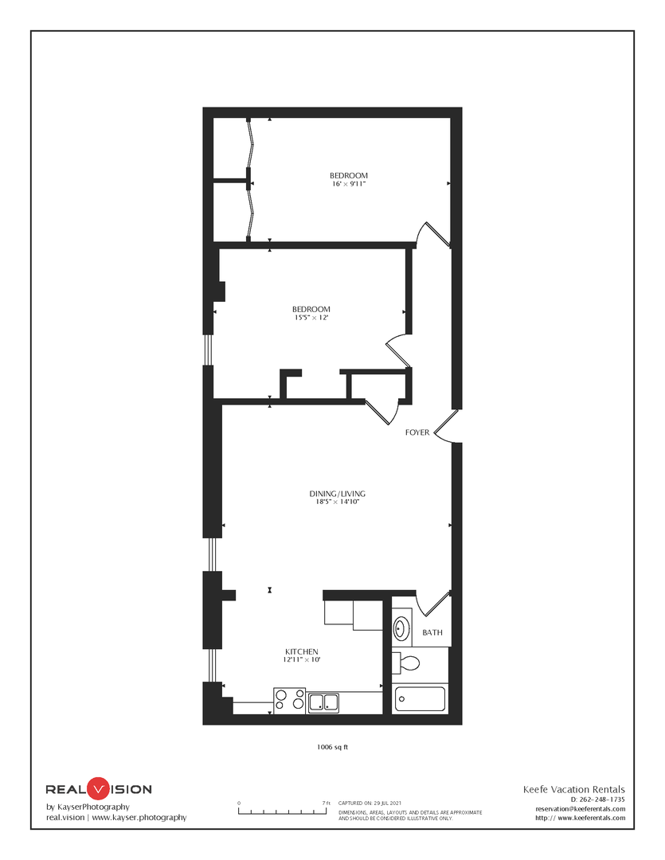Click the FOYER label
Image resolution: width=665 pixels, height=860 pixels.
[417, 432]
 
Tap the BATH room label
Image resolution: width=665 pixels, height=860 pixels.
[432, 632]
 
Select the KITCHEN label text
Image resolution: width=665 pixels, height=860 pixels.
[302, 651]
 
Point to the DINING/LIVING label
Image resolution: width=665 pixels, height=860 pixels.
[338, 494]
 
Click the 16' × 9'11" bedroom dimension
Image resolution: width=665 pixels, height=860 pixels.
[349, 184]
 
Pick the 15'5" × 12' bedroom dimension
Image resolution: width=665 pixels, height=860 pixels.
[311, 318]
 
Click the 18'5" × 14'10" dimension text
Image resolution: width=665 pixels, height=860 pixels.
[338, 502]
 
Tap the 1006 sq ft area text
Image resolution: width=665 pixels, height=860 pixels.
[333, 747]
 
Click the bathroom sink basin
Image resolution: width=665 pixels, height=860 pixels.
[401, 627]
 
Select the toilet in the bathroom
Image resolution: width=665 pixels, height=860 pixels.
[407, 663]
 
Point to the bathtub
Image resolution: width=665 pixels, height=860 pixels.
[420, 699]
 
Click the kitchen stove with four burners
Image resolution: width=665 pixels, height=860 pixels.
[290, 701]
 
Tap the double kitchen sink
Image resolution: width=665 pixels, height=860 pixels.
[323, 702]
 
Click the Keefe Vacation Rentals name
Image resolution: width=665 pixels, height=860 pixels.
[574, 789]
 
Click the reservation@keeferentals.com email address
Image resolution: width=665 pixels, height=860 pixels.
[581, 808]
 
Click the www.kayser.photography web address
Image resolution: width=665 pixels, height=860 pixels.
[139, 817]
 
